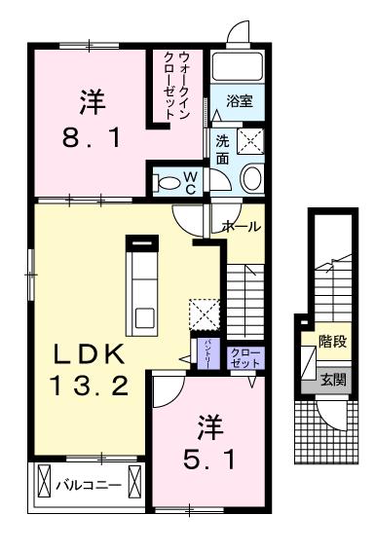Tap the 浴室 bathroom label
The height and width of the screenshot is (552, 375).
click(240, 100)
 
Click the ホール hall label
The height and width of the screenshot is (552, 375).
click(242, 226)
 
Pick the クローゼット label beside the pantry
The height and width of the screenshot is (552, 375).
click(242, 356)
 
